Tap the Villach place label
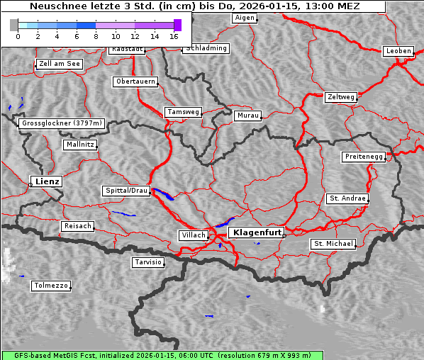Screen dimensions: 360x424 (x=194, y=235)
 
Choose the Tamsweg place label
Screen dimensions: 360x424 (x=184, y=112)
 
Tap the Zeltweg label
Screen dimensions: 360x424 (x=341, y=96)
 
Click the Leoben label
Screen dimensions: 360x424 (x=398, y=51)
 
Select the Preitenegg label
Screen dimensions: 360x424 (x=364, y=156)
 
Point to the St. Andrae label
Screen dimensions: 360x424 (x=347, y=198)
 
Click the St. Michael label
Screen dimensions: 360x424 (x=333, y=244)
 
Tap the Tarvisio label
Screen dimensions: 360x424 (x=148, y=262)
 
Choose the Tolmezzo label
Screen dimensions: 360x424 (x=51, y=286)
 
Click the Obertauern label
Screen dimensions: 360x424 (x=135, y=81)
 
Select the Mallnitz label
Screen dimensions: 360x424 (x=79, y=144)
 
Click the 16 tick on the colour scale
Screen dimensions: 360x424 (x=174, y=35)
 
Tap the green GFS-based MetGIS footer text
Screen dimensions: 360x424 (x=157, y=355)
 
